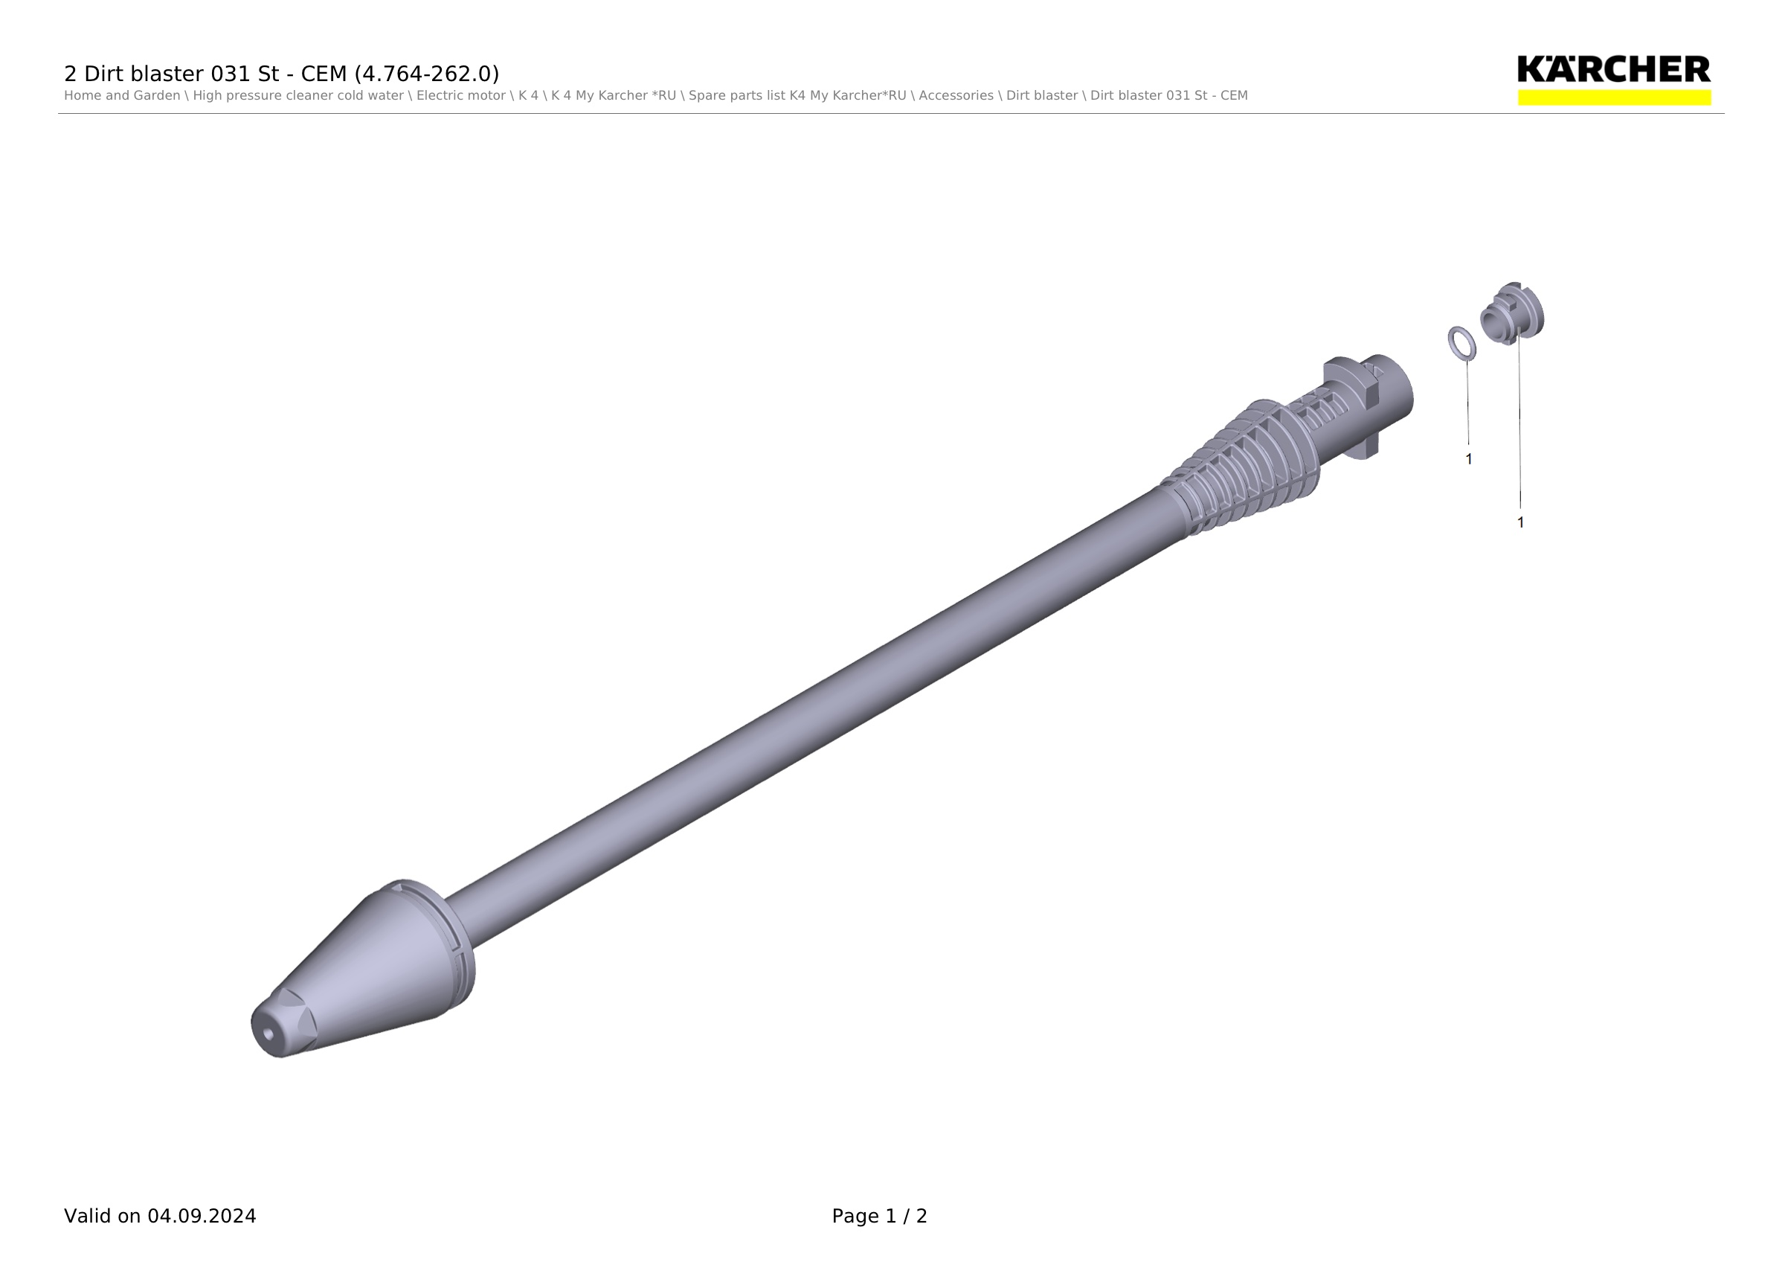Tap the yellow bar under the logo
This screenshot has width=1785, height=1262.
[1614, 97]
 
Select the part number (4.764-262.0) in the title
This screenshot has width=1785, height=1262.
[427, 74]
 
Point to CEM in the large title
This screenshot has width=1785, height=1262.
[324, 74]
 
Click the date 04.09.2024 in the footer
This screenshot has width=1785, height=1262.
[202, 1216]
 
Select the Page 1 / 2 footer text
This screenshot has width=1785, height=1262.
[879, 1216]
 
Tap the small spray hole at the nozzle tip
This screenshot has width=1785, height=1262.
[268, 1034]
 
